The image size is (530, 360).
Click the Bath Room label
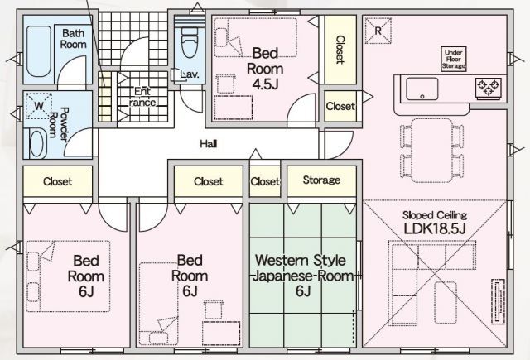[x=74, y=39]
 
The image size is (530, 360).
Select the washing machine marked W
[x=38, y=107]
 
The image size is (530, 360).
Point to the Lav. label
[x=189, y=74]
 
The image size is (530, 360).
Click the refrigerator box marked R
[x=378, y=31]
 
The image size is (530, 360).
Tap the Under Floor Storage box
[x=454, y=58]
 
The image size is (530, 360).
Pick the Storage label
[x=321, y=180]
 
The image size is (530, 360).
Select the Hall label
[x=209, y=144]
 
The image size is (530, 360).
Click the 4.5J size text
[x=268, y=84]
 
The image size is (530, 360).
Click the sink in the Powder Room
[x=38, y=142]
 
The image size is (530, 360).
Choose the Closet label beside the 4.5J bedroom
[x=340, y=50]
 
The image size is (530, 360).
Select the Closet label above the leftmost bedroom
[x=57, y=181]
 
